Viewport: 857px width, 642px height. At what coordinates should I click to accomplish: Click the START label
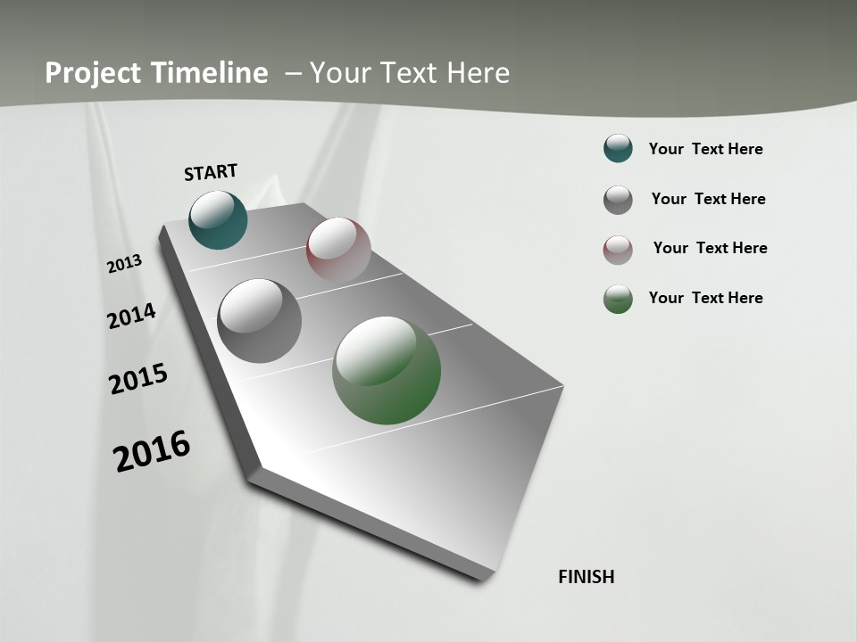(211, 172)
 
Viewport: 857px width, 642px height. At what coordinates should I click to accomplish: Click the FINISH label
(587, 577)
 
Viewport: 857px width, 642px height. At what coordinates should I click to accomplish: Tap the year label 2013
(125, 264)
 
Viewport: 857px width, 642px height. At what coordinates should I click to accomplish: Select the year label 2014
(132, 316)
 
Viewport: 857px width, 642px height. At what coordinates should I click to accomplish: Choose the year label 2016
(152, 451)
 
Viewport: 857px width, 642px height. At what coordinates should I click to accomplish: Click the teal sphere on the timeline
(218, 219)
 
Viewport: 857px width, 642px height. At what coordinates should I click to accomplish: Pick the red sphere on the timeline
(338, 250)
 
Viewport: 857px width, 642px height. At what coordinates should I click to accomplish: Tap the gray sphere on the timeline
(260, 321)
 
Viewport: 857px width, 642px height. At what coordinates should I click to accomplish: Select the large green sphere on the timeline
(387, 370)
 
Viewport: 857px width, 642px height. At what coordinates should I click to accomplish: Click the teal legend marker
(618, 148)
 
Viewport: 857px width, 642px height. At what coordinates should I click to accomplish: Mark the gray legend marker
(618, 200)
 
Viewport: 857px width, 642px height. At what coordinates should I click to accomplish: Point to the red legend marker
(618, 249)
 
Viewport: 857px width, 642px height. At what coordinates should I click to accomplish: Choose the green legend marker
(618, 299)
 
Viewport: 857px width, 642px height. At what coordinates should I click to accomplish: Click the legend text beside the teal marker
(705, 149)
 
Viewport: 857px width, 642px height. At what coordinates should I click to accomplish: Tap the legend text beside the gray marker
(708, 199)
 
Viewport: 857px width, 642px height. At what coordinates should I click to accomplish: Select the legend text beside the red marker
(710, 248)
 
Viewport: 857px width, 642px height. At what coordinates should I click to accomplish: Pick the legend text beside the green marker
(705, 298)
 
